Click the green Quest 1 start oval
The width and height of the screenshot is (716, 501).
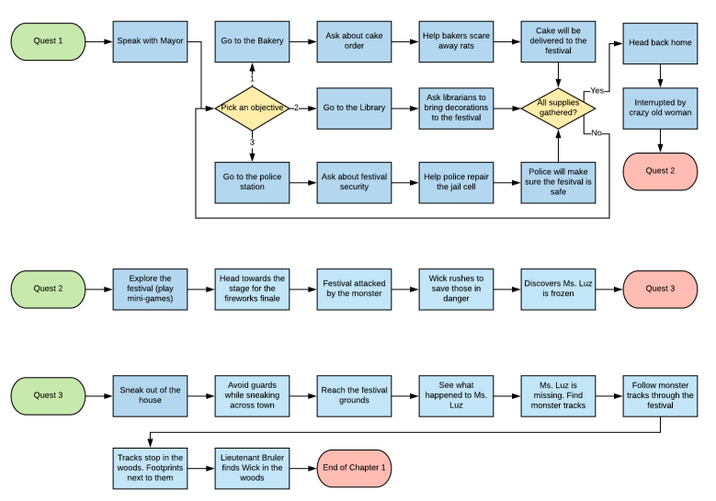(49, 41)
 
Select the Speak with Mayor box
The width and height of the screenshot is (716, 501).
(150, 41)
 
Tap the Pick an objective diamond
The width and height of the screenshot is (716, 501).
(252, 108)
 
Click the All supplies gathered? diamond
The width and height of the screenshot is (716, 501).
(558, 108)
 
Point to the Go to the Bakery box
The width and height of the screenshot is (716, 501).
(252, 41)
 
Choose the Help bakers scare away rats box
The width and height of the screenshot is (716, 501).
(456, 41)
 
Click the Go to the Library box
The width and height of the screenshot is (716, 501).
(354, 108)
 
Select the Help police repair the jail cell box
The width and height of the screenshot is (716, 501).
(456, 180)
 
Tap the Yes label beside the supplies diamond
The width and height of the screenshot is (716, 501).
(597, 91)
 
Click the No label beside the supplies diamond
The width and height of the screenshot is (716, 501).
(597, 133)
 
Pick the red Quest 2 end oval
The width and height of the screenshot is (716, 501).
(660, 171)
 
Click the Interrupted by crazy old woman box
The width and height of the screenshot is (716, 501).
(660, 108)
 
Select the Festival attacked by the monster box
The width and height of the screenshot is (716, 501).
(354, 289)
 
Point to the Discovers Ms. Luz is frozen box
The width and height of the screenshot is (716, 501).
(558, 289)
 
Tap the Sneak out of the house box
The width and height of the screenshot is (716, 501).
(150, 395)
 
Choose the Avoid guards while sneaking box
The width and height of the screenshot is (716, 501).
(252, 395)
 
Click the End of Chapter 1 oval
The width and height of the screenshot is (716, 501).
(354, 468)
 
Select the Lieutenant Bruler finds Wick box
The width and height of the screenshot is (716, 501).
(252, 468)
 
